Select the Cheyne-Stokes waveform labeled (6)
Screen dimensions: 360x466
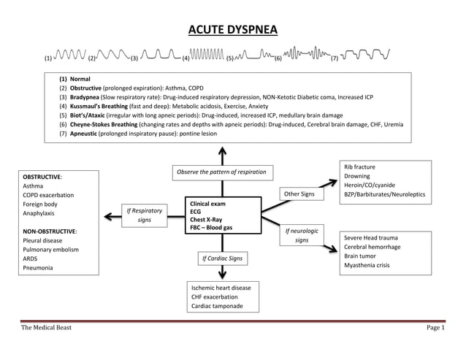(306, 55)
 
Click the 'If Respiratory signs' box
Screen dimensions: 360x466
(144, 217)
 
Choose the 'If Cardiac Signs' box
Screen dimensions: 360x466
(223, 258)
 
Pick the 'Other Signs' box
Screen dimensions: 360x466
(299, 194)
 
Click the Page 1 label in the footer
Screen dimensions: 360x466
(435, 328)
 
